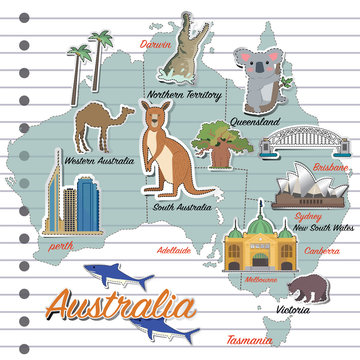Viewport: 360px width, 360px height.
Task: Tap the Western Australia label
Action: pyautogui.click(x=99, y=159)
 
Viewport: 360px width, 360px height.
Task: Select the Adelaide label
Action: pyautogui.click(x=174, y=249)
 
